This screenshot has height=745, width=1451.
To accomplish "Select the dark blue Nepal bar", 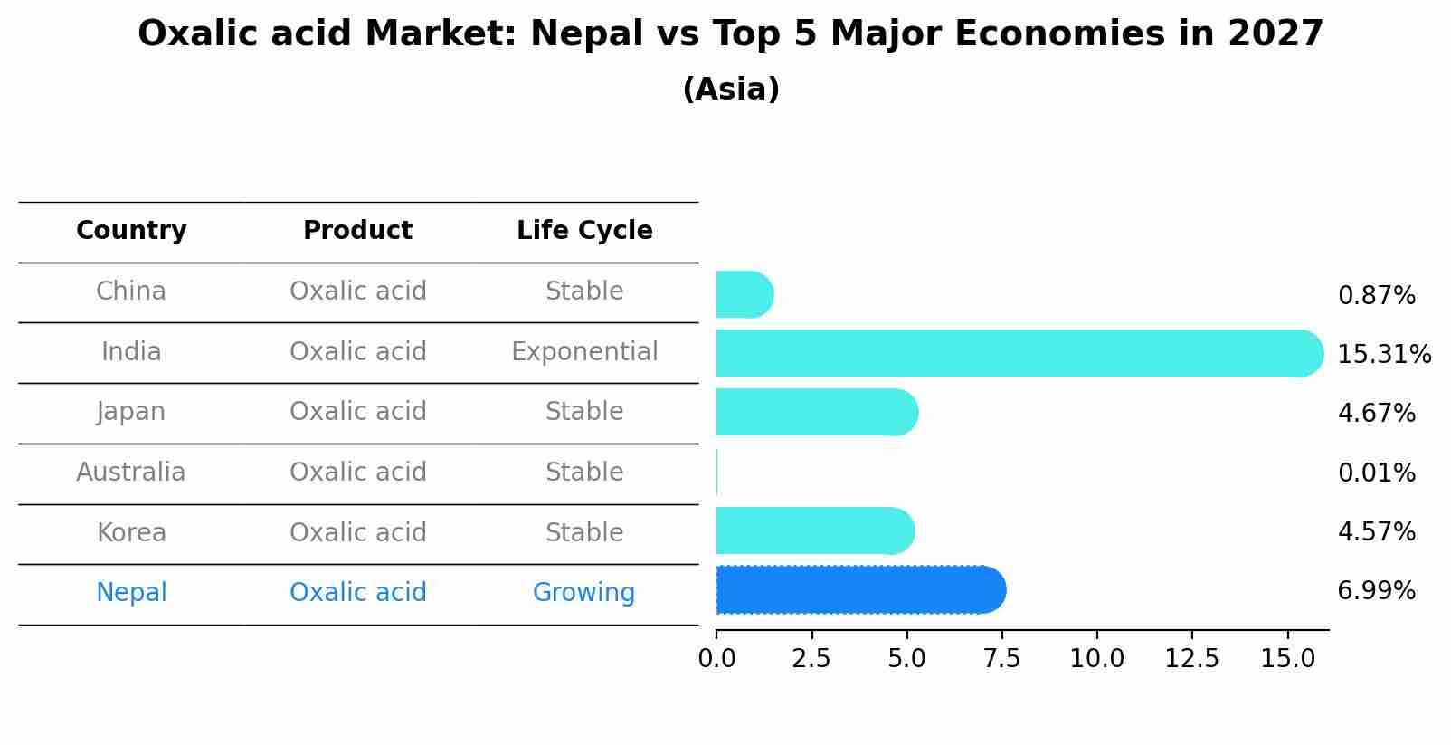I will pos(859,590).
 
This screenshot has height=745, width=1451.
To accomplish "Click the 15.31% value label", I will pos(1383,354).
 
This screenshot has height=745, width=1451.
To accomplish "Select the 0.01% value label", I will pos(1376,473).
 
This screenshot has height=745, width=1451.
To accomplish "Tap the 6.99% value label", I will pos(1376,591).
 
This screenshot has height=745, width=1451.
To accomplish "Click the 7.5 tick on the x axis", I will pos(1001,659).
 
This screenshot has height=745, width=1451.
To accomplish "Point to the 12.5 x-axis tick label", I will pos(1191,659).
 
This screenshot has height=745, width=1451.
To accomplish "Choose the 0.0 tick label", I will pos(716,659).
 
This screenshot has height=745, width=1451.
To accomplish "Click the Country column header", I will pos(131,231).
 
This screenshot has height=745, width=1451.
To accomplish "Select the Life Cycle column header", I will pos(584,231).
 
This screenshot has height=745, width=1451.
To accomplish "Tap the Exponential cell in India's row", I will pos(584,352).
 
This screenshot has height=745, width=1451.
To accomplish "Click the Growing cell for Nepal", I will pos(583,593).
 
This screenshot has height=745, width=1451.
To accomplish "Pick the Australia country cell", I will pos(131,473).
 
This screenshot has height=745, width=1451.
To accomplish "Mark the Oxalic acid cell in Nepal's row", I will pos(357,593).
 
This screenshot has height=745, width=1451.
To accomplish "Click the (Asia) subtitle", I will pos(731,90).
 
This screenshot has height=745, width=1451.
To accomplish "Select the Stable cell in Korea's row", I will pos(584,533).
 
